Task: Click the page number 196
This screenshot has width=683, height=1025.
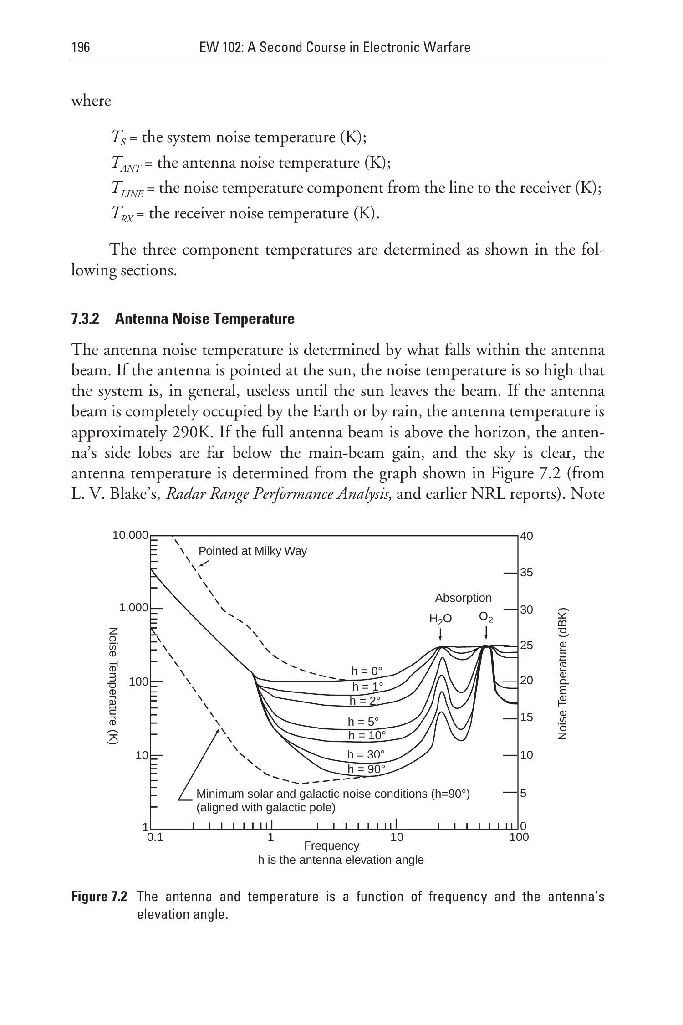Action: coord(81,47)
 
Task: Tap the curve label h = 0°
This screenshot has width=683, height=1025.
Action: coord(367,671)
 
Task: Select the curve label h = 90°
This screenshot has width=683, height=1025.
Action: coord(367,769)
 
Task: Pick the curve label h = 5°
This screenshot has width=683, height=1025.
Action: coord(363,722)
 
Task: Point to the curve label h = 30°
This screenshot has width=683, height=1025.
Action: coord(366,755)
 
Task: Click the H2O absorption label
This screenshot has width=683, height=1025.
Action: coord(440,619)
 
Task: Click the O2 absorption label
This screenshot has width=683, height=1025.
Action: coord(486,617)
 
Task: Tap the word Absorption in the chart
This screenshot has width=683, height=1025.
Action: coord(463,598)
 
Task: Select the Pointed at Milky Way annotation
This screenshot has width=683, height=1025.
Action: coord(253,551)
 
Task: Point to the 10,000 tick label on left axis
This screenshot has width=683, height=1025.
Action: coord(130,535)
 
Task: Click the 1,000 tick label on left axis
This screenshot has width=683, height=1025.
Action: coord(133,608)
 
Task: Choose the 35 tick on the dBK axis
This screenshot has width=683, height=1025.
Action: coord(526,573)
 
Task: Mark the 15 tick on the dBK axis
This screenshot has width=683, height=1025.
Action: coord(526,717)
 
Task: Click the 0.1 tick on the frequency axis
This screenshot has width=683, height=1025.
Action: coord(155,837)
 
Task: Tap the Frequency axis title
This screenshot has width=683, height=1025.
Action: coord(331,846)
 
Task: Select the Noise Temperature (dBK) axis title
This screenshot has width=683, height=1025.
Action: coord(563,674)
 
